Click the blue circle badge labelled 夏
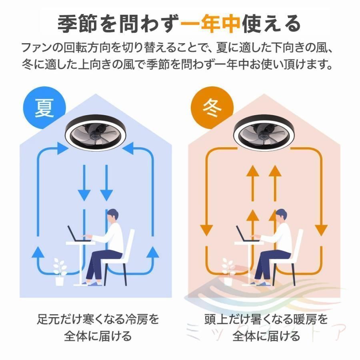44,108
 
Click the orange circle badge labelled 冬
212,108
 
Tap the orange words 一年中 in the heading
210,24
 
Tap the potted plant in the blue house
60,272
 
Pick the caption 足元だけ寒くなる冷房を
98,319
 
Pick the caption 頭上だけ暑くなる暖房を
266,319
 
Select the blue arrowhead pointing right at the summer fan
63,148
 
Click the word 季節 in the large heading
77,24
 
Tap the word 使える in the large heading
271,24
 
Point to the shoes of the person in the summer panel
93,284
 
